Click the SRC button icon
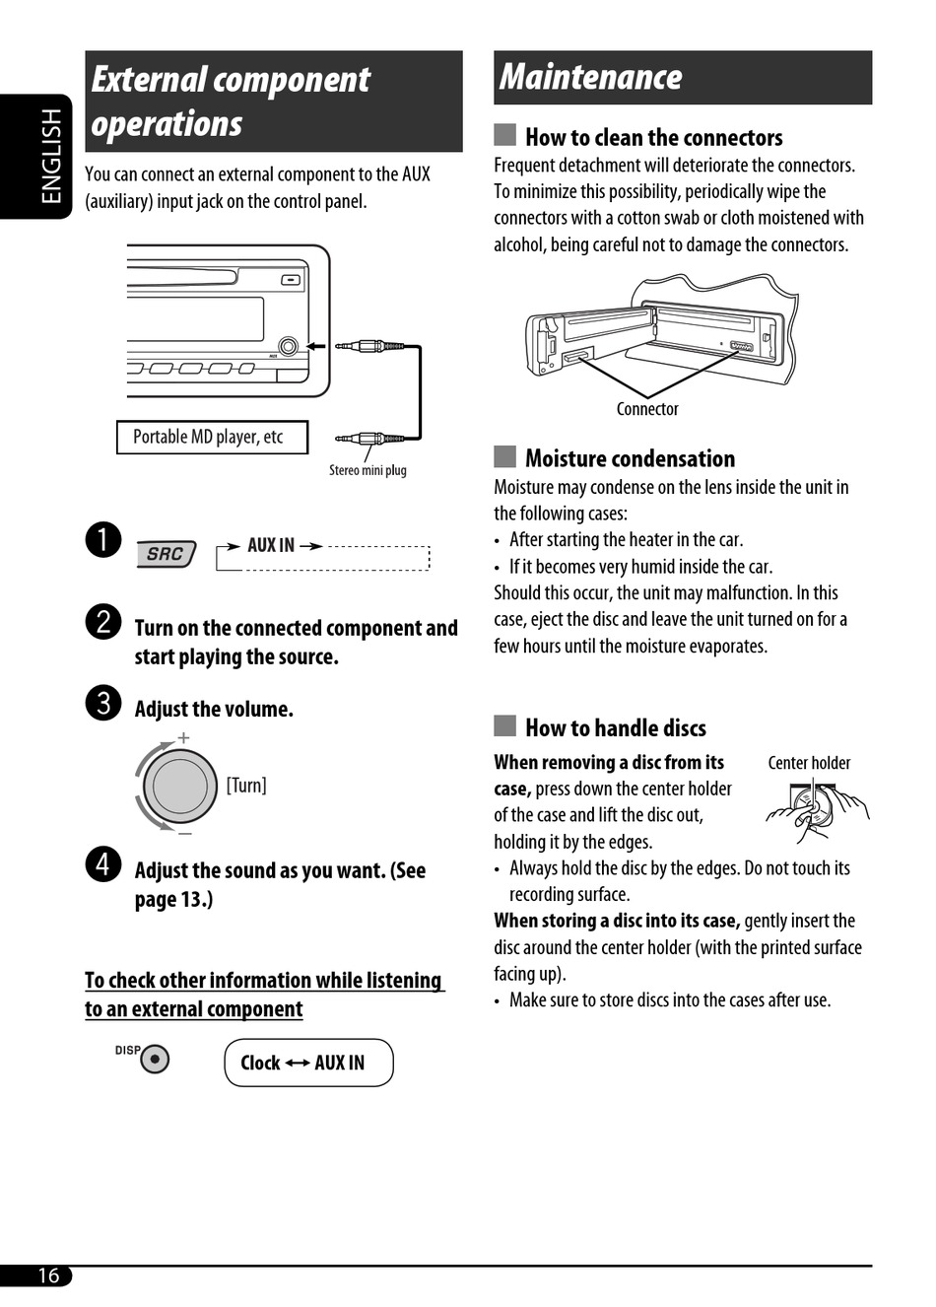(166, 554)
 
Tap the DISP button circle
(155, 1060)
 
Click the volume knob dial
(179, 787)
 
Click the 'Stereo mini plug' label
(368, 470)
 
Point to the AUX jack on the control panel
(289, 346)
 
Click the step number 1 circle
(103, 540)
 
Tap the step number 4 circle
(103, 863)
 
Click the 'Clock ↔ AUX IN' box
(308, 1063)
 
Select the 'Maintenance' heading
(591, 77)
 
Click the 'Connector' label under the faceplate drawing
(647, 409)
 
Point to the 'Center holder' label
(809, 763)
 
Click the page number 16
(48, 1275)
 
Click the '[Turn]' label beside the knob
(246, 786)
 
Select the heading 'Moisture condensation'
(630, 458)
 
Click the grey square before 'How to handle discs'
(505, 726)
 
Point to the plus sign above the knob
(183, 737)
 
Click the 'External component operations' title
(231, 102)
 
